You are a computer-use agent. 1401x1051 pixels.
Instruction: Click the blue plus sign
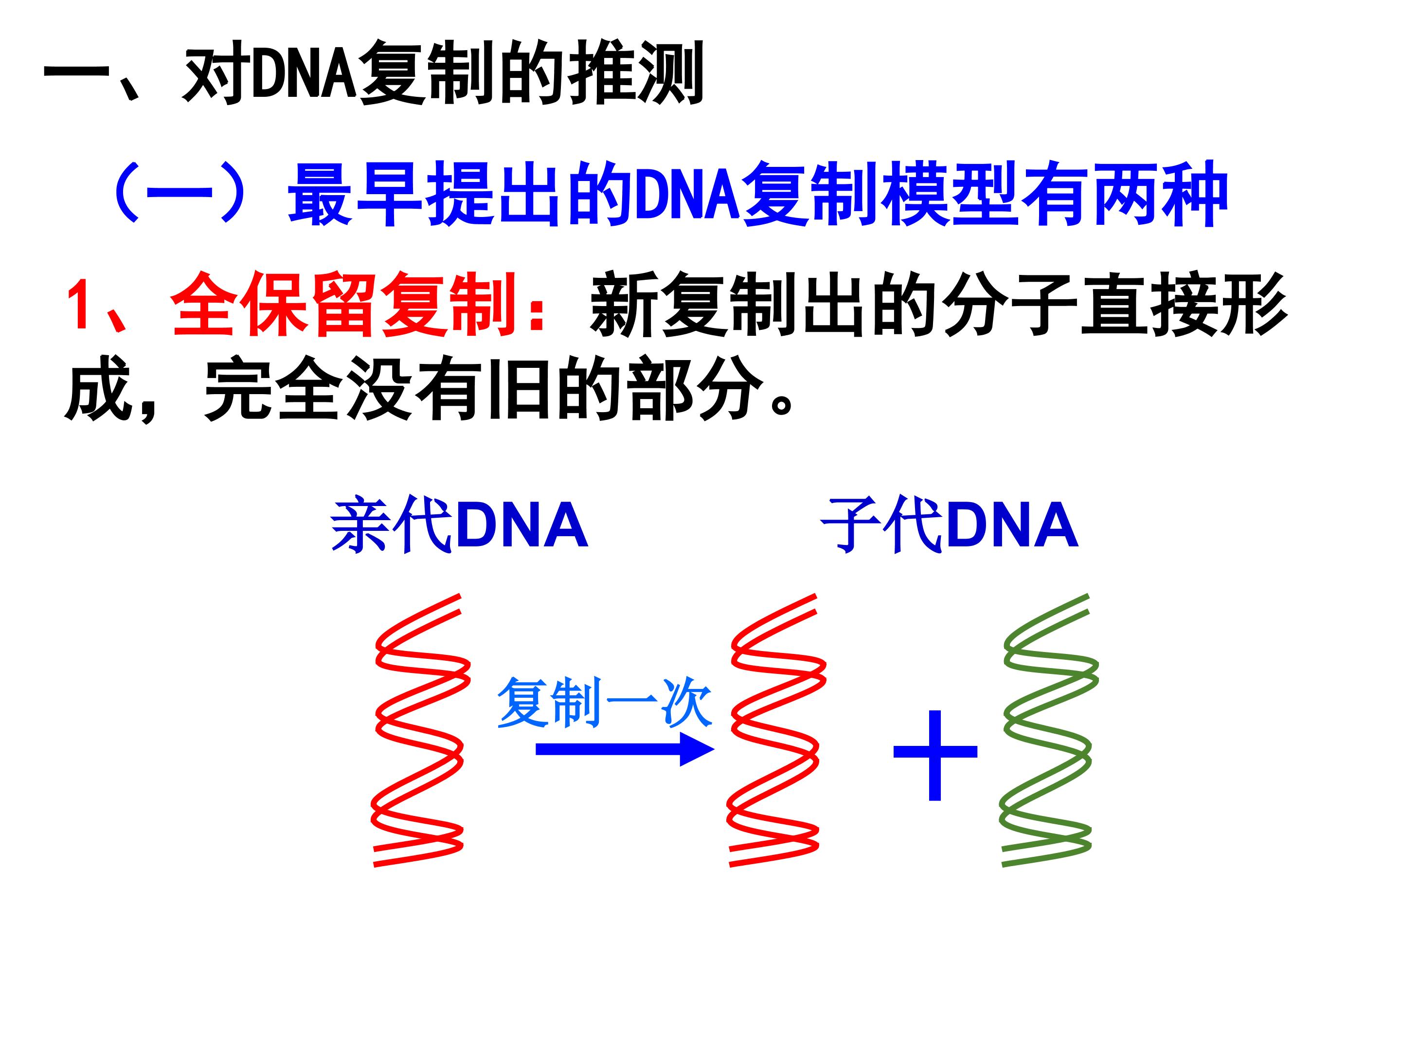click(x=935, y=755)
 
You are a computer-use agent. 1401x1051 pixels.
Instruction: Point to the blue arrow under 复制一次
click(x=625, y=749)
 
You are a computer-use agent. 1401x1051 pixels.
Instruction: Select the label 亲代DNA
click(x=459, y=525)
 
